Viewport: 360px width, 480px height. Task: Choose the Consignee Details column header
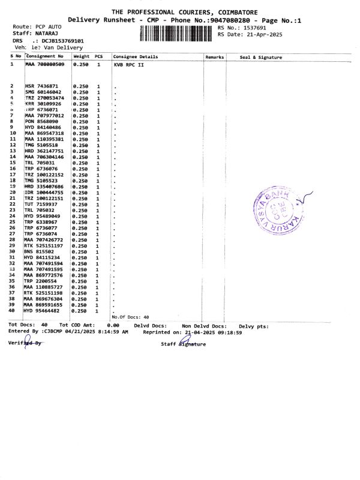tap(136, 56)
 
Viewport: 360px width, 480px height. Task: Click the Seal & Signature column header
tap(261, 57)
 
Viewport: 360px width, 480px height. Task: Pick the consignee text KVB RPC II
tap(129, 64)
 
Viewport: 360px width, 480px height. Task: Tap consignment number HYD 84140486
tap(43, 128)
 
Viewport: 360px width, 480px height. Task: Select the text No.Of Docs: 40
tap(131, 316)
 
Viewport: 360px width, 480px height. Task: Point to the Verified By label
tap(26, 343)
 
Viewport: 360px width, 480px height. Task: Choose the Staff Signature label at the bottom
tap(184, 344)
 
